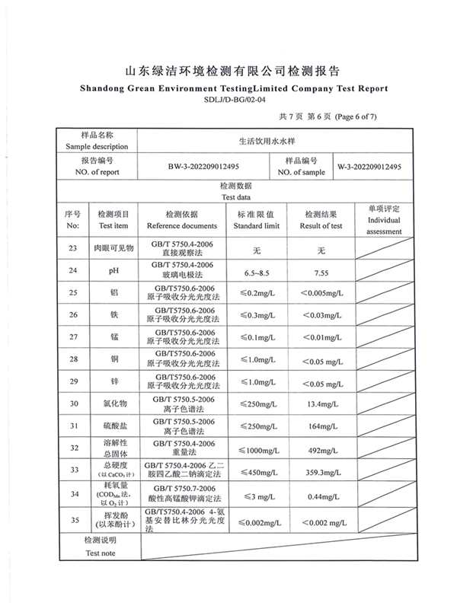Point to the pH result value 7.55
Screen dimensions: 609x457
pyautogui.click(x=321, y=271)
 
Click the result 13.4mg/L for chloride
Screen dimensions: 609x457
pyautogui.click(x=321, y=403)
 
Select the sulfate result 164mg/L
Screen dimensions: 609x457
pyautogui.click(x=321, y=426)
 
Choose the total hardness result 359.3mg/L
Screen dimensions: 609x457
pyautogui.click(x=321, y=471)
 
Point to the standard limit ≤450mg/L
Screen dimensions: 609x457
pyautogui.click(x=258, y=471)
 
